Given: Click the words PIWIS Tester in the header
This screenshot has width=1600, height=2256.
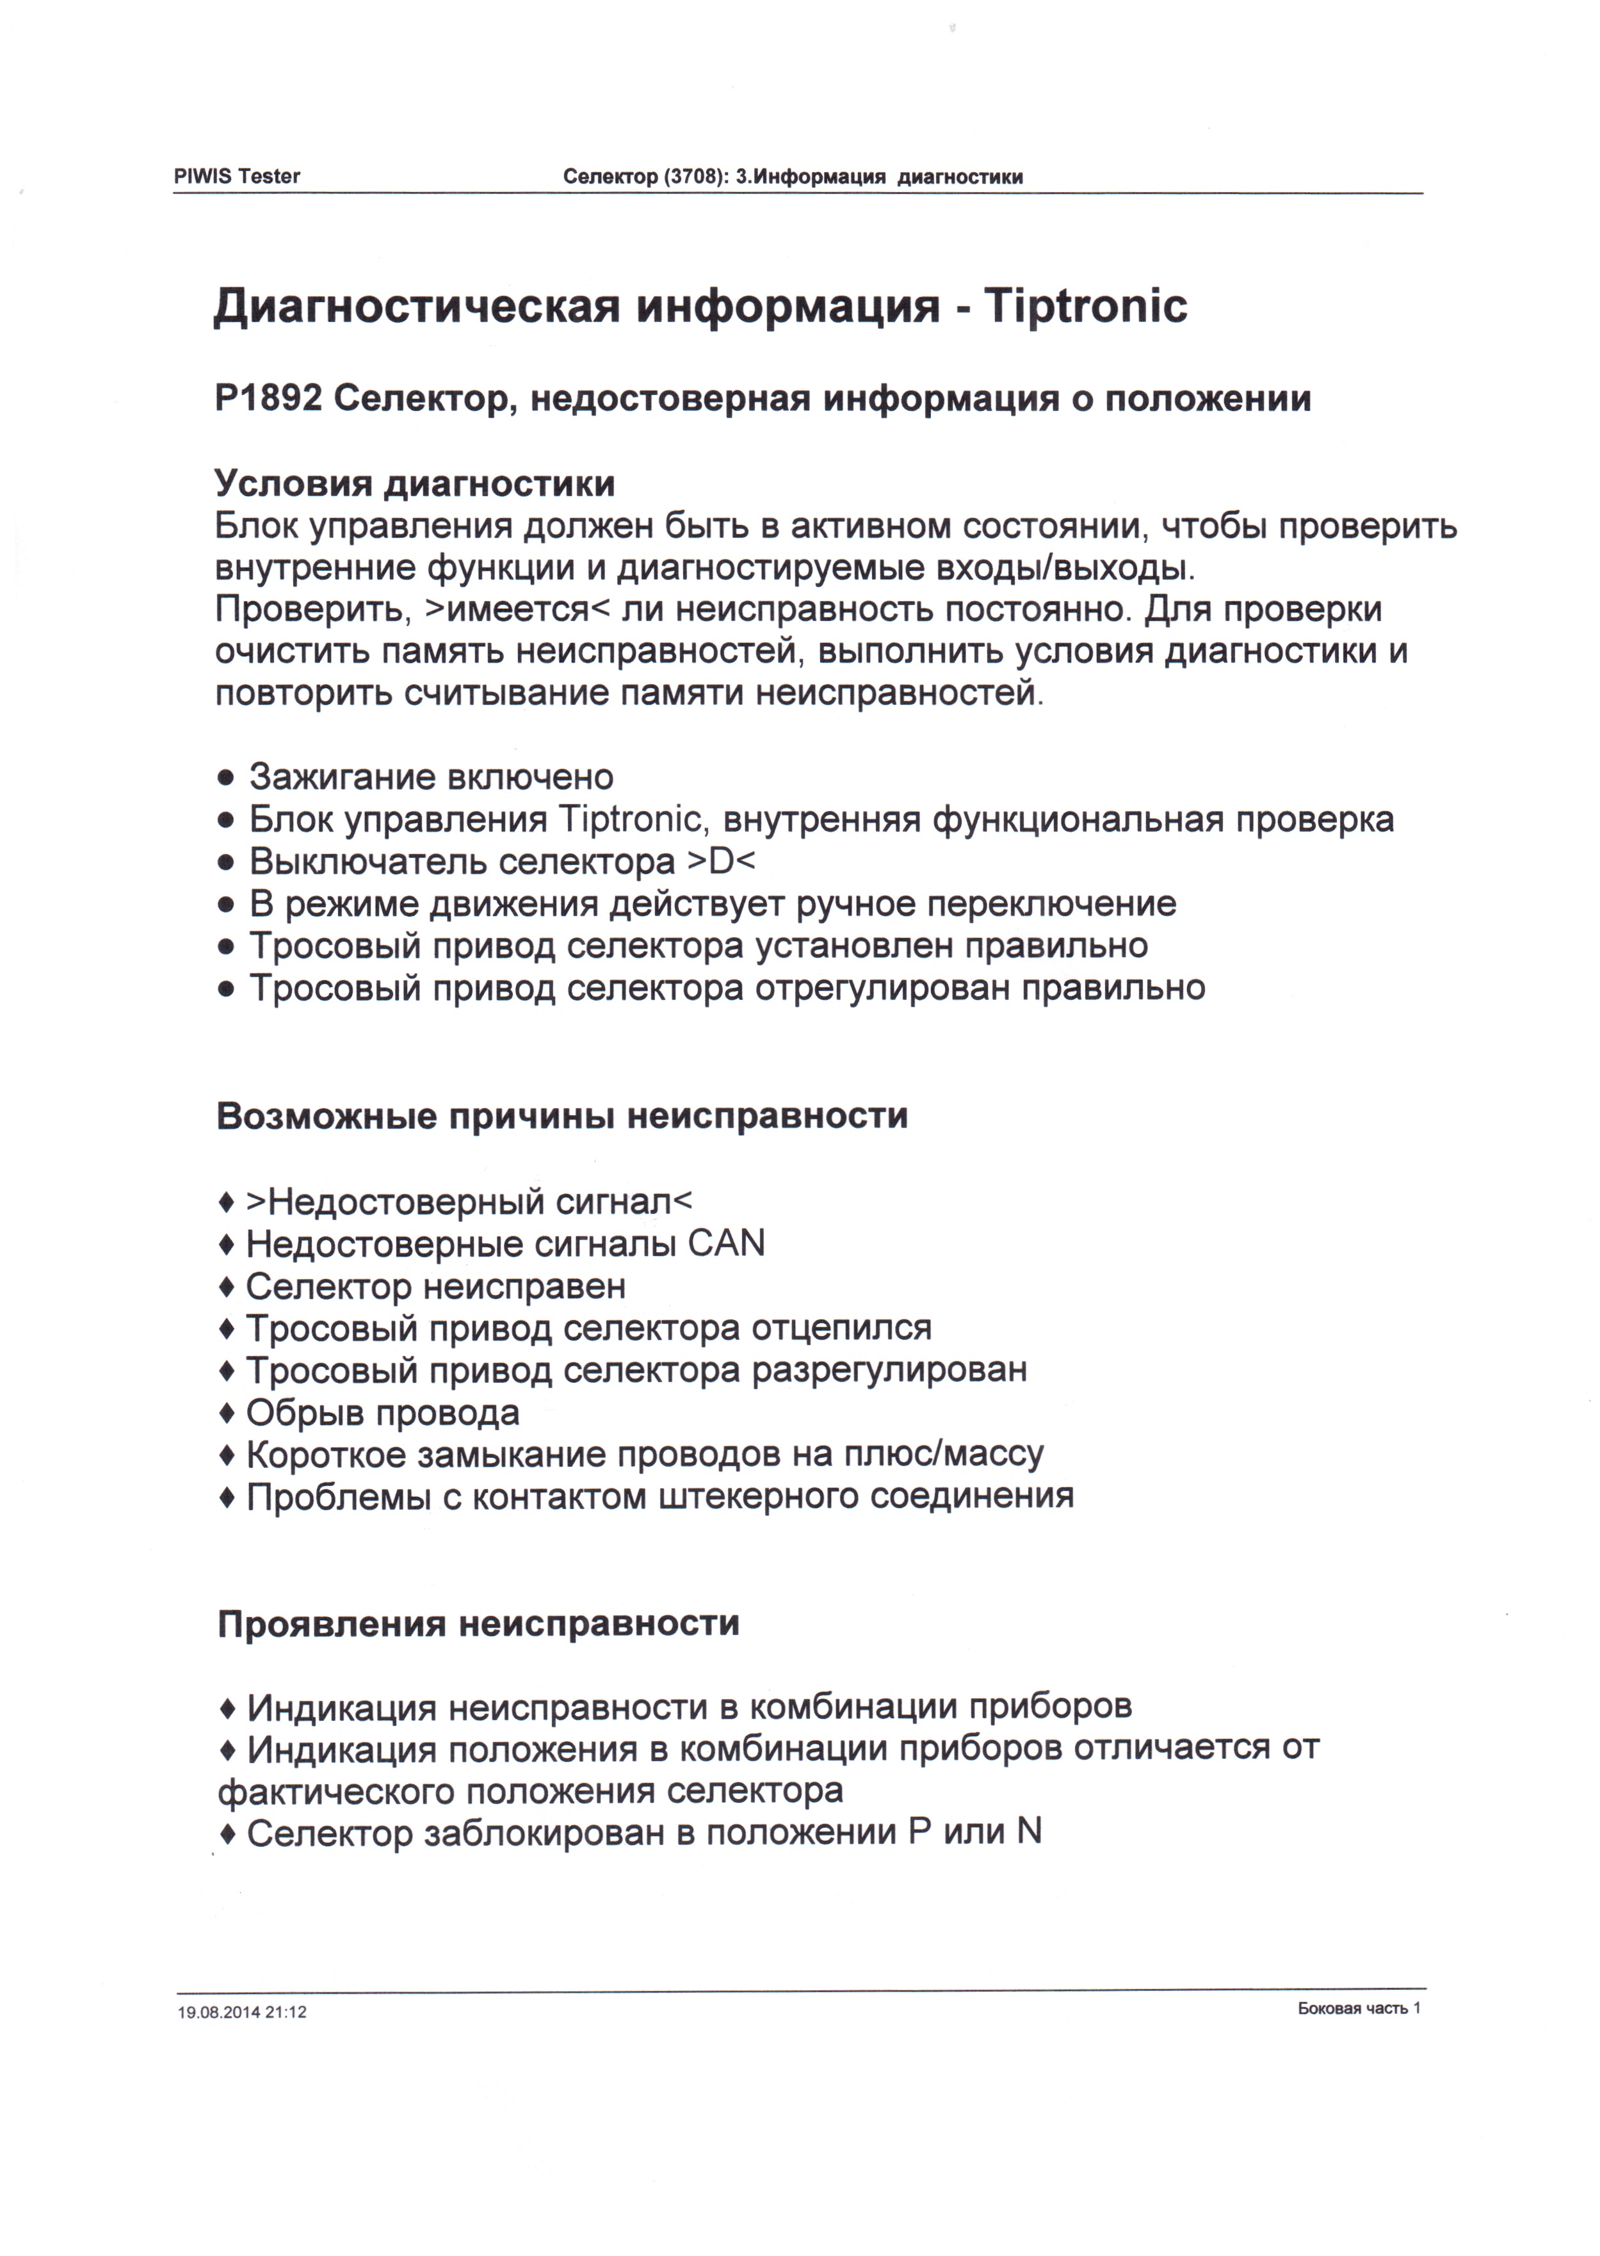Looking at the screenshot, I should click(236, 176).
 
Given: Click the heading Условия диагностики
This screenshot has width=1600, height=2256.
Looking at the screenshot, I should click(415, 484).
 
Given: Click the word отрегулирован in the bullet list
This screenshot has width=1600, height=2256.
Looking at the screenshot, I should click(883, 987).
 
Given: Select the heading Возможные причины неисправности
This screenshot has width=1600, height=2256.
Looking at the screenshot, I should click(562, 1116).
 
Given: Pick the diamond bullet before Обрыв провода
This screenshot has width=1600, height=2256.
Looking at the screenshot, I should click(227, 1414).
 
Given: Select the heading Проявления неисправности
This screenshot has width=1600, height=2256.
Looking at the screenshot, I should click(478, 1624).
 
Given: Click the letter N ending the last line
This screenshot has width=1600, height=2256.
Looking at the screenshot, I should click(1030, 1832).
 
